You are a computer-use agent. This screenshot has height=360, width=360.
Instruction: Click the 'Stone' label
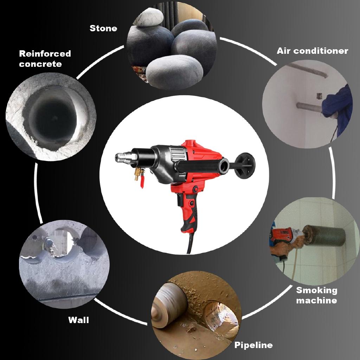pos(103,28)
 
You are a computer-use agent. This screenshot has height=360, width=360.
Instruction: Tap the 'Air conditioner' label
pos(312,51)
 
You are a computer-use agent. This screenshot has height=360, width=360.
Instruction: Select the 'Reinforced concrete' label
pos(45,59)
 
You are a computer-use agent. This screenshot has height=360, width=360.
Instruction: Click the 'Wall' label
pos(78,320)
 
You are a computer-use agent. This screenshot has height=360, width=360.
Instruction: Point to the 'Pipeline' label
pos(253,345)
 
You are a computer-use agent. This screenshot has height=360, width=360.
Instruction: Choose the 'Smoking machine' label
pos(316,295)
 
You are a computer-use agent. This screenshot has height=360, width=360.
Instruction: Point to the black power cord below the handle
pos(190,244)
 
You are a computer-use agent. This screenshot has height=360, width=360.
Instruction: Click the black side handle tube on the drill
pos(200,165)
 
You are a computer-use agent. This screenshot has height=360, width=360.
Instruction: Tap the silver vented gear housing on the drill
pos(178,154)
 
